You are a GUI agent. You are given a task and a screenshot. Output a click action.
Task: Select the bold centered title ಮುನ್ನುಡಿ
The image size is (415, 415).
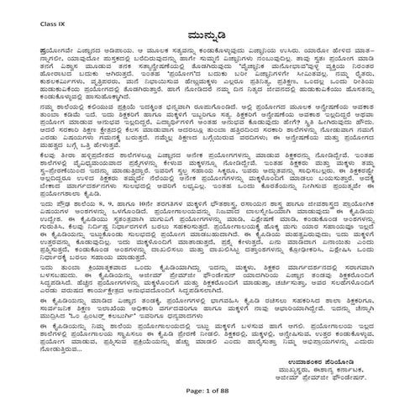click(208, 39)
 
